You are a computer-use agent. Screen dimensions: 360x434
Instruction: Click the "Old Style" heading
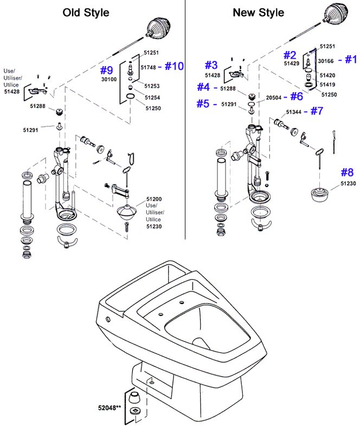pyautogui.click(x=86, y=12)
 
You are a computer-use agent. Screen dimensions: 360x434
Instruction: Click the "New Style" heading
pyautogui.click(x=259, y=12)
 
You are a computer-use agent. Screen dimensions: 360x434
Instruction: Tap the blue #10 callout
pyautogui.click(x=175, y=66)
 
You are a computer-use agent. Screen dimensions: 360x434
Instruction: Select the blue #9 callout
pyautogui.click(x=106, y=71)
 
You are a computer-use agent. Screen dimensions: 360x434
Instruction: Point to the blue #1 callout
pyautogui.click(x=351, y=59)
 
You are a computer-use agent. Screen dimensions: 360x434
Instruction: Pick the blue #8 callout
pyautogui.click(x=347, y=172)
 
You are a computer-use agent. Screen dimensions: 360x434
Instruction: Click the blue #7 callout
pyautogui.click(x=317, y=111)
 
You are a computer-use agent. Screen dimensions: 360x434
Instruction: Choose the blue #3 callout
pyautogui.click(x=211, y=65)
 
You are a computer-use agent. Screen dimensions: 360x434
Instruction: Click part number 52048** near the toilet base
pyautogui.click(x=110, y=408)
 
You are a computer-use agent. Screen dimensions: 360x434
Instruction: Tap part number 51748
pyautogui.click(x=149, y=67)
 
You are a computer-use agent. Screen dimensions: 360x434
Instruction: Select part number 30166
pyautogui.click(x=326, y=61)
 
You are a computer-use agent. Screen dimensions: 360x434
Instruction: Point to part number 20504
pyautogui.click(x=274, y=98)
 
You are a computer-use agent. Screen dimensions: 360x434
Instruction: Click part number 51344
pyautogui.click(x=294, y=112)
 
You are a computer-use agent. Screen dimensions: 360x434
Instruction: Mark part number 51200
pyautogui.click(x=154, y=199)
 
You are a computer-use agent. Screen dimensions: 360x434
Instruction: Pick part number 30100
pyautogui.click(x=109, y=79)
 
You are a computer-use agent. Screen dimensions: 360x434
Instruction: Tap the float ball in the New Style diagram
pyautogui.click(x=336, y=14)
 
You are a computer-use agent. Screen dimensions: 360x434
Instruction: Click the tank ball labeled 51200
pyautogui.click(x=127, y=212)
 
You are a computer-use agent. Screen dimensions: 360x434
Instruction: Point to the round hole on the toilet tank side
pyautogui.click(x=108, y=320)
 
